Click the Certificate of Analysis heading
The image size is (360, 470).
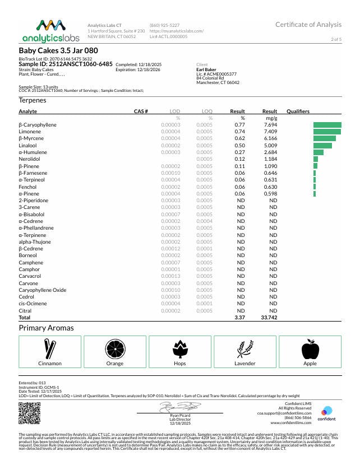(x=308, y=25)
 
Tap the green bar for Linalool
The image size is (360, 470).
(x=322, y=145)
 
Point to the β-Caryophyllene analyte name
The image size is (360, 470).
(x=38, y=124)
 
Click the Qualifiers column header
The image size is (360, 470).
(x=298, y=111)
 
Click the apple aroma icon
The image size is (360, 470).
(x=310, y=350)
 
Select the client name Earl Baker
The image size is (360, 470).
(x=207, y=69)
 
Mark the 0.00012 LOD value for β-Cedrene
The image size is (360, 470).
(x=170, y=248)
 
